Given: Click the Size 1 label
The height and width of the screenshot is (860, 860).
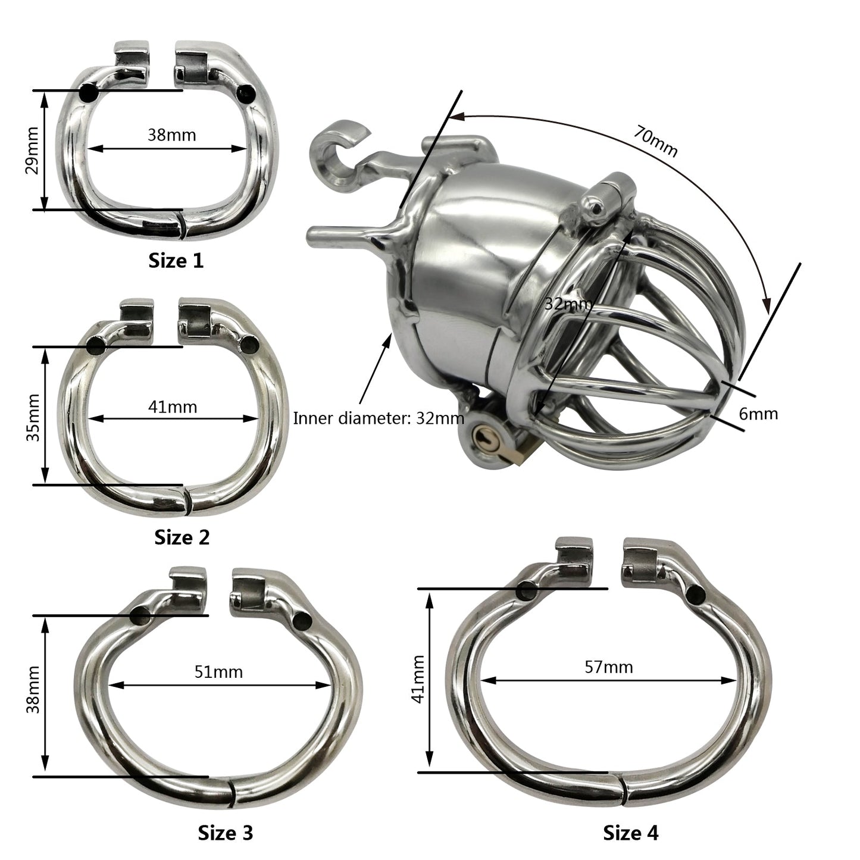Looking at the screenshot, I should click(x=176, y=261).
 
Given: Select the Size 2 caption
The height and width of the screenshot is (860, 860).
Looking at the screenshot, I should click(x=182, y=537).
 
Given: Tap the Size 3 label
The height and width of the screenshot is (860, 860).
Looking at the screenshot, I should click(x=225, y=833).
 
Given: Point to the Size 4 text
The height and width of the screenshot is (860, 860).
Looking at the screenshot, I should click(x=630, y=833).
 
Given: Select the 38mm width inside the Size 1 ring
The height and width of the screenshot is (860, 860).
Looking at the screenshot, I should click(x=171, y=135).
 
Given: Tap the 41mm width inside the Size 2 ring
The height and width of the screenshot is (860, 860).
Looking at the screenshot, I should click(x=173, y=407).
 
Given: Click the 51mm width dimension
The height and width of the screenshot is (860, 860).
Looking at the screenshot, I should click(x=218, y=672).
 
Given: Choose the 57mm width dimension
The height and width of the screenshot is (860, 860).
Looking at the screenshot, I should click(x=608, y=667).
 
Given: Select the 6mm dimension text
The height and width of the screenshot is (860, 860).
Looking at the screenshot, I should click(x=758, y=413).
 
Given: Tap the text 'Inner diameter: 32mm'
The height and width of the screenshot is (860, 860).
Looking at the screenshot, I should click(x=378, y=418).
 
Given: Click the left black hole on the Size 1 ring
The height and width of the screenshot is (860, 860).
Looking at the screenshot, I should click(x=89, y=93).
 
